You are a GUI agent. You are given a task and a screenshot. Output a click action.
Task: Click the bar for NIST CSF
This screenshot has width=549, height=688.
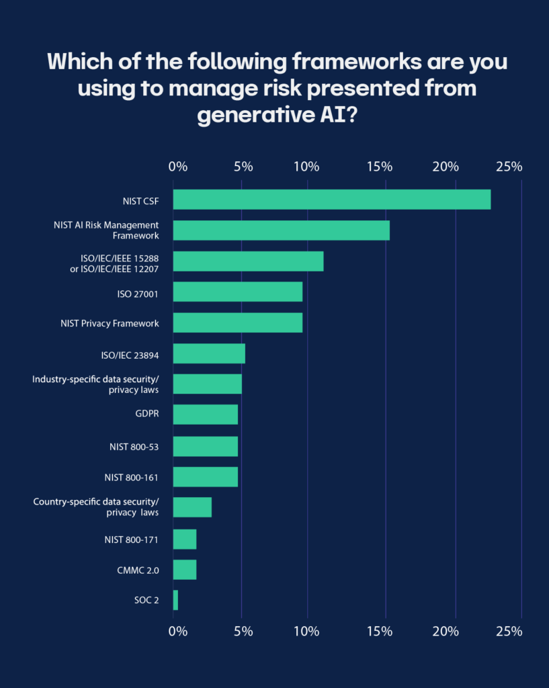click(331, 200)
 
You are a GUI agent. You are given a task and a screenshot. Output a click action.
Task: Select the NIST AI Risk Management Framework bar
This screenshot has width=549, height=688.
click(281, 230)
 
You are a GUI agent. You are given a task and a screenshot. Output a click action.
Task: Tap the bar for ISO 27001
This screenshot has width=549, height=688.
click(237, 292)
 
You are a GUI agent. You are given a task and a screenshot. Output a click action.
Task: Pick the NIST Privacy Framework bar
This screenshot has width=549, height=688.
click(237, 322)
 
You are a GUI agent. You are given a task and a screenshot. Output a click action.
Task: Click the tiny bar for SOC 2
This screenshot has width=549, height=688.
click(175, 600)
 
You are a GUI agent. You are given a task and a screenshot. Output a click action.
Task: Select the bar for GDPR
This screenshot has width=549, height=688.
click(205, 415)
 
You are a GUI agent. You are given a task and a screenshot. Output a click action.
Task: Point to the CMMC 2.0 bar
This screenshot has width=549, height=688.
click(184, 570)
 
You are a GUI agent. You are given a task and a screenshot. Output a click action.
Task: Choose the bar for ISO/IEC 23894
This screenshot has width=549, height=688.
click(209, 353)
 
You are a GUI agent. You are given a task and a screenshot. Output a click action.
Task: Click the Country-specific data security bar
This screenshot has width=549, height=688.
click(192, 507)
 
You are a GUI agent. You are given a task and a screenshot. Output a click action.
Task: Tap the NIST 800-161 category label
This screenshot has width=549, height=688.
click(132, 477)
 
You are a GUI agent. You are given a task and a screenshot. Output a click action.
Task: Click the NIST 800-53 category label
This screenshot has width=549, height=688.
click(134, 446)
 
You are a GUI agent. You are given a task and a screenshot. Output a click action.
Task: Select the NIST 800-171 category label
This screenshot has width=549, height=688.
click(132, 539)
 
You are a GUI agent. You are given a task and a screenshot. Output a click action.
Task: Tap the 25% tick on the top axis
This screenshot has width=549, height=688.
click(509, 167)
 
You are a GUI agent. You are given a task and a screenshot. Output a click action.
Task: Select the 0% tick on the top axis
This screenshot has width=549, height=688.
click(177, 167)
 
